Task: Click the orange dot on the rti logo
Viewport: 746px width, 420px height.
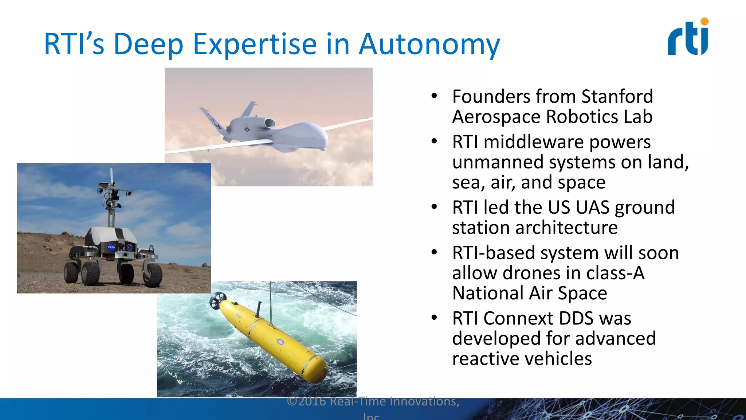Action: coord(704,22)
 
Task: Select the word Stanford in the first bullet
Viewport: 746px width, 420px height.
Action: coord(617,97)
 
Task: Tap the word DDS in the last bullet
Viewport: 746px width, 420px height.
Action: coord(576,318)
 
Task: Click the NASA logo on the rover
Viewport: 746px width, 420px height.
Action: coord(111,247)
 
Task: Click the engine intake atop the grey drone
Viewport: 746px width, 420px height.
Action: coord(269,123)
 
